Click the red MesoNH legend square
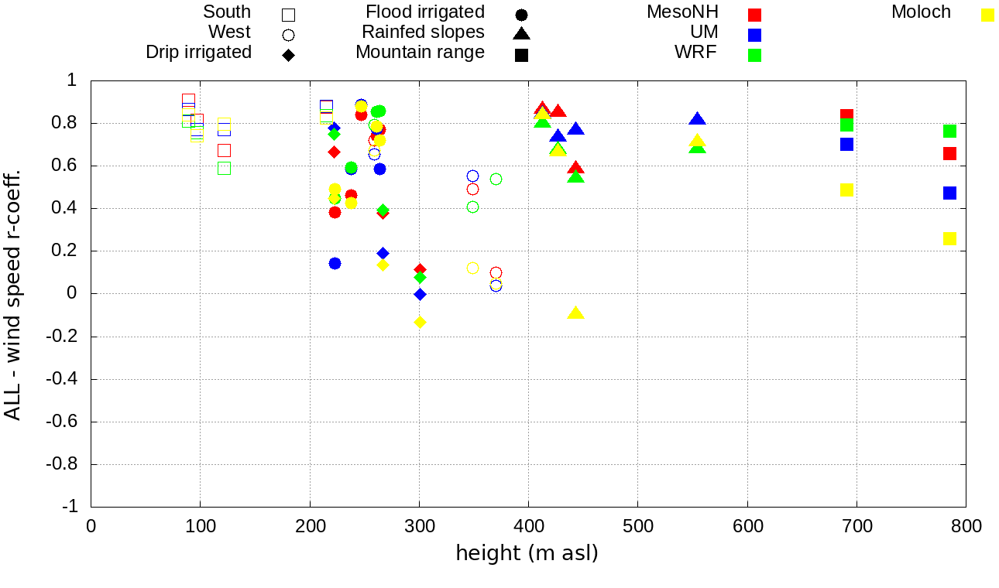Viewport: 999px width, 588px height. tap(755, 15)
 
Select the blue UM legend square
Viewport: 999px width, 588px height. tap(755, 35)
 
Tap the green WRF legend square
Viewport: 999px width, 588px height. tap(755, 55)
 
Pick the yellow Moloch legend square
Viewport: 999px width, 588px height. tap(987, 15)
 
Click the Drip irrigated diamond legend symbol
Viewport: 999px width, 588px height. tap(288, 55)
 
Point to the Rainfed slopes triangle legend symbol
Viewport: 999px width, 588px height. tap(521, 34)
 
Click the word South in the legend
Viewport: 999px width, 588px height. tap(227, 12)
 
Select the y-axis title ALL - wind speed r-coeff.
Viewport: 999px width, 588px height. tap(13, 294)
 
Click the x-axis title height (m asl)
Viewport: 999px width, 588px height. tap(527, 554)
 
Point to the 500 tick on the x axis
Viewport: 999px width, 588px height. tap(637, 526)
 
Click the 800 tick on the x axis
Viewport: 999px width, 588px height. tap(966, 526)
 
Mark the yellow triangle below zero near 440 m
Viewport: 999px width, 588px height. tap(575, 313)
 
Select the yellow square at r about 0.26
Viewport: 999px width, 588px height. tap(949, 238)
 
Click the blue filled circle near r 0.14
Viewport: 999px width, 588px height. tap(335, 263)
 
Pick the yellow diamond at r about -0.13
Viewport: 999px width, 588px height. tap(420, 322)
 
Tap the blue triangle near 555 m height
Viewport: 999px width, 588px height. tap(697, 119)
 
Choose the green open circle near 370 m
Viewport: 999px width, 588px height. tap(496, 179)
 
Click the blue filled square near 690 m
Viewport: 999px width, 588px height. tap(846, 144)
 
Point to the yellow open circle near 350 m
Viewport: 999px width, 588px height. tap(472, 268)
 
